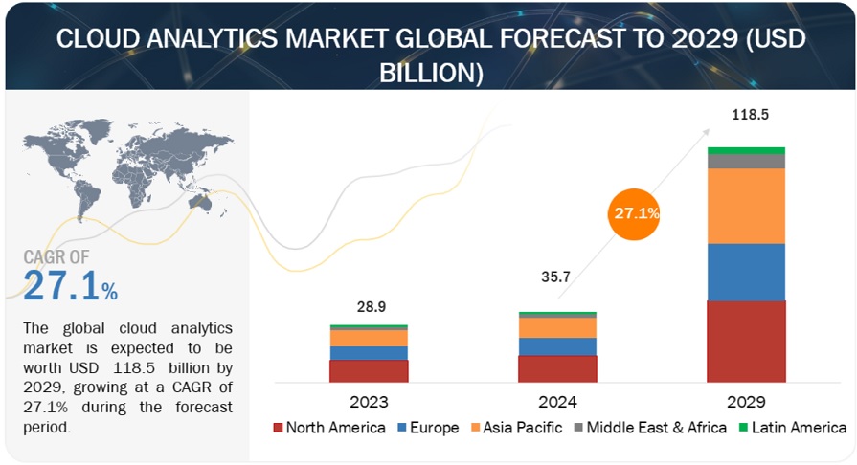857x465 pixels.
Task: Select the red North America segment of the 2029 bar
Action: pyautogui.click(x=746, y=342)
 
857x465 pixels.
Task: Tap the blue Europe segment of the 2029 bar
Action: pyautogui.click(x=746, y=272)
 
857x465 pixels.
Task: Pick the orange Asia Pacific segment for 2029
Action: pyautogui.click(x=746, y=206)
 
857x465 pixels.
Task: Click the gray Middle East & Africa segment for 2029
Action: pyautogui.click(x=746, y=162)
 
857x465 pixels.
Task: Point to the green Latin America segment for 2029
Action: pyautogui.click(x=746, y=150)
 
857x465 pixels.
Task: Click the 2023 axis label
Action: pyautogui.click(x=370, y=401)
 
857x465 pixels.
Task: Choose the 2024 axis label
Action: pyautogui.click(x=557, y=401)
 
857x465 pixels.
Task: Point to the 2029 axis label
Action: pyautogui.click(x=746, y=401)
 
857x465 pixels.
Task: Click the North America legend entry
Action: pyautogui.click(x=328, y=427)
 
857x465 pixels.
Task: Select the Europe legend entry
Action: pyautogui.click(x=429, y=427)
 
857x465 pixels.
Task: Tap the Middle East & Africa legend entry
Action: pyautogui.click(x=648, y=427)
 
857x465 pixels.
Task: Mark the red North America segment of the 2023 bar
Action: pyautogui.click(x=370, y=371)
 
